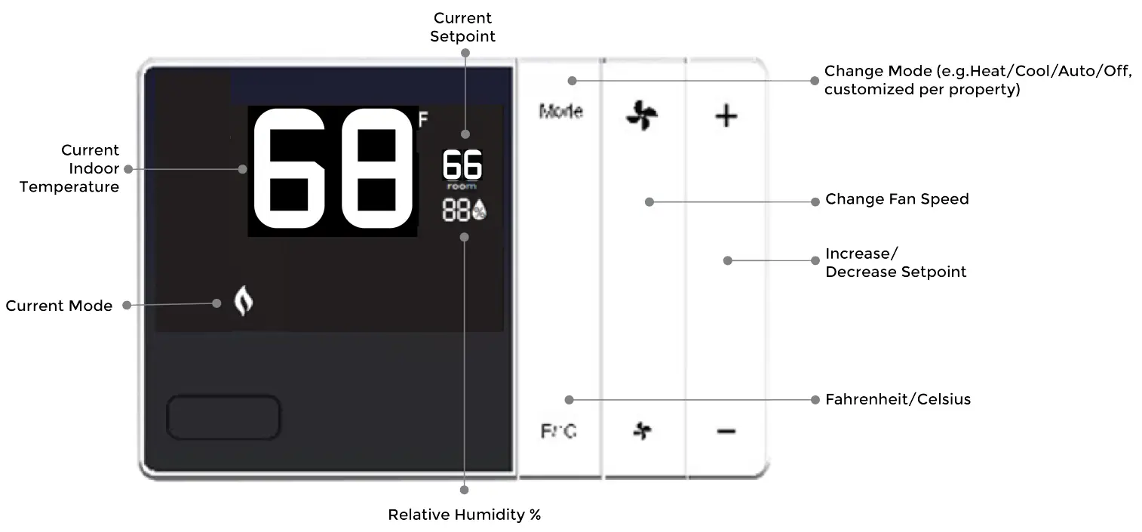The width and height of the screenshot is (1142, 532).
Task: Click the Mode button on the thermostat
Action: [x=560, y=112]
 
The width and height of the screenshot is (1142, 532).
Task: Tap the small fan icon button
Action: [x=642, y=431]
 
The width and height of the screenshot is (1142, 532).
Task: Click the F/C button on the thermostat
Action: [x=559, y=432]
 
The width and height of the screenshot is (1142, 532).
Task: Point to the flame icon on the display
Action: [x=242, y=302]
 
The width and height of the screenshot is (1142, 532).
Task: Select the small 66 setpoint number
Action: [x=462, y=165]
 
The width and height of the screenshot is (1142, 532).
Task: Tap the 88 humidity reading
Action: [x=457, y=212]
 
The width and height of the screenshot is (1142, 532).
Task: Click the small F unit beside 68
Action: [x=423, y=118]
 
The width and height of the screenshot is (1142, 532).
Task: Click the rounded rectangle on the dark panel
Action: [x=223, y=417]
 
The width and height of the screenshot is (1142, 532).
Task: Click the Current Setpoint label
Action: [x=463, y=26]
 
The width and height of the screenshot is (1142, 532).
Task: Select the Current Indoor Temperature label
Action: [x=69, y=168]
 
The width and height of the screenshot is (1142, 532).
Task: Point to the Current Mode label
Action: [x=59, y=306]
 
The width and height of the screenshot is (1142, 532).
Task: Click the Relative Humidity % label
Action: [x=465, y=515]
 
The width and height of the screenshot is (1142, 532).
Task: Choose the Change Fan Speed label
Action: [x=897, y=199]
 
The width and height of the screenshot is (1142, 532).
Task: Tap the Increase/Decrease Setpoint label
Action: [x=895, y=263]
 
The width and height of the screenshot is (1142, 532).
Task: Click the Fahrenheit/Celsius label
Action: [x=898, y=399]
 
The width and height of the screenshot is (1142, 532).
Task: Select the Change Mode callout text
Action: [x=977, y=80]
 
